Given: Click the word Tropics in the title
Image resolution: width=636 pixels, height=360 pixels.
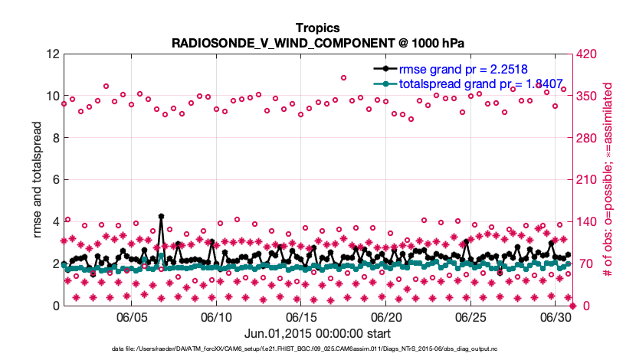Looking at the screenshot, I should click(317, 28).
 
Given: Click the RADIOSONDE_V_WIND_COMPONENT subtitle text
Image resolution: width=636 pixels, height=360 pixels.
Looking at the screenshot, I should click(317, 43).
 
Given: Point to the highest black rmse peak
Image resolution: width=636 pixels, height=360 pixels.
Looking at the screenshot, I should click(161, 217).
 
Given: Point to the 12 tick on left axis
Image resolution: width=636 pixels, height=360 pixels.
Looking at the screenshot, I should click(53, 54).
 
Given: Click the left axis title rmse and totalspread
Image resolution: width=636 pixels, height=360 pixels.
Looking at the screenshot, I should click(38, 180).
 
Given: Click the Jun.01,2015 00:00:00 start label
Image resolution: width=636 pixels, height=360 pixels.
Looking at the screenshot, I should click(317, 333).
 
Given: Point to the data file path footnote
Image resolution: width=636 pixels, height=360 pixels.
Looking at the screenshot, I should click(317, 349).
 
